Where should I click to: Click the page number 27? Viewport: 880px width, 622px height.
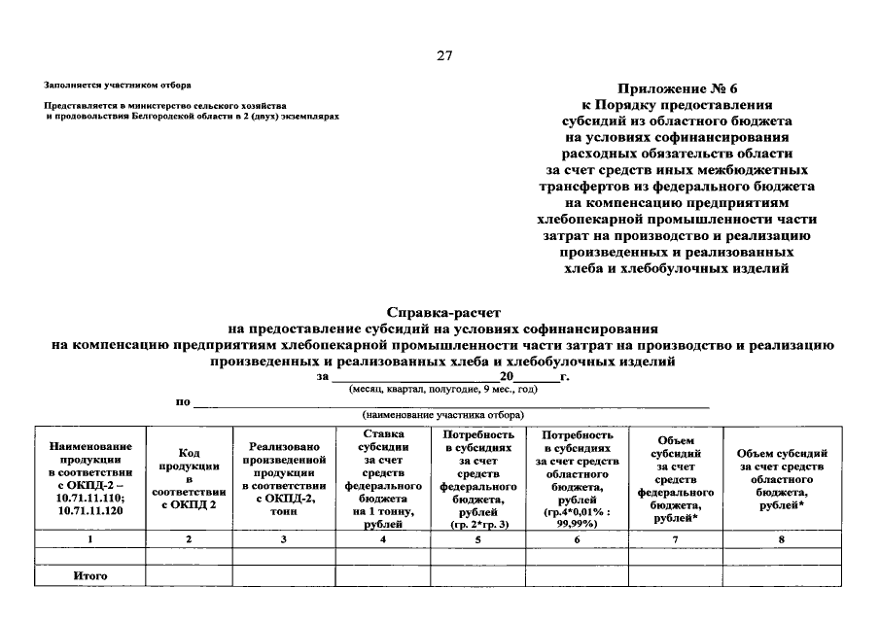pyautogui.click(x=443, y=54)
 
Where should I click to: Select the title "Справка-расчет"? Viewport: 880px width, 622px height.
pyautogui.click(x=442, y=313)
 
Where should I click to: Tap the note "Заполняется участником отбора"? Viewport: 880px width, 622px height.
pyautogui.click(x=117, y=86)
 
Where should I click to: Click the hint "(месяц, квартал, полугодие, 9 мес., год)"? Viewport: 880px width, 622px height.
pyautogui.click(x=442, y=389)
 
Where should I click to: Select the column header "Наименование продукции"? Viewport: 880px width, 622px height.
pyautogui.click(x=89, y=477)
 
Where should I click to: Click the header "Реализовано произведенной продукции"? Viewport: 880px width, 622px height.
pyautogui.click(x=283, y=477)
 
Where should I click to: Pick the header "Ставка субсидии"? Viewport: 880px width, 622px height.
pyautogui.click(x=382, y=477)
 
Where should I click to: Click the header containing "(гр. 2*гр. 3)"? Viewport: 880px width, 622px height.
pyautogui.click(x=477, y=477)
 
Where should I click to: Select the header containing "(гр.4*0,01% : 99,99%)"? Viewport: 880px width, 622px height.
pyautogui.click(x=578, y=477)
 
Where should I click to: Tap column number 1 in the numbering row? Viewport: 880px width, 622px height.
pyautogui.click(x=89, y=538)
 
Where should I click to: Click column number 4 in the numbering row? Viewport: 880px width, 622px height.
pyautogui.click(x=382, y=538)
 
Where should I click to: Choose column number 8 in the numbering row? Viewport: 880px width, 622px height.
pyautogui.click(x=781, y=538)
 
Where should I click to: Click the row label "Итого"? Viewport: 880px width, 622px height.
pyautogui.click(x=89, y=576)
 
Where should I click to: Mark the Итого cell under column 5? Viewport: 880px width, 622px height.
pyautogui.click(x=477, y=576)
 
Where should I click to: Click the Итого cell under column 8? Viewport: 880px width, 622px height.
pyautogui.click(x=781, y=576)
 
